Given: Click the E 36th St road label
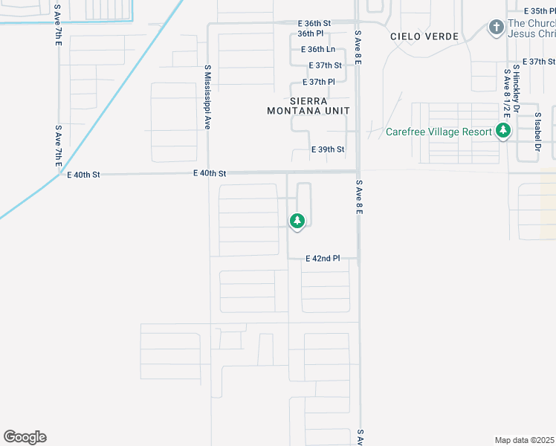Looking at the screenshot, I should click(314, 24).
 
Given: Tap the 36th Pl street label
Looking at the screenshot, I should click(310, 33).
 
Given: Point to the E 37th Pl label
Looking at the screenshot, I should click(320, 82).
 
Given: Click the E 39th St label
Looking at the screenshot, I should click(327, 149).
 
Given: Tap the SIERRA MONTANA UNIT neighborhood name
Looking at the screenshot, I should click(308, 106).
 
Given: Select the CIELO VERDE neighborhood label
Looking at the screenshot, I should click(416, 36).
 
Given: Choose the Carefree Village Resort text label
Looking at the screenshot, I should click(439, 132).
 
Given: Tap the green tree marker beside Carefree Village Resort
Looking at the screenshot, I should click(504, 132).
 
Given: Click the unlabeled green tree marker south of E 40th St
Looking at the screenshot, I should click(297, 221).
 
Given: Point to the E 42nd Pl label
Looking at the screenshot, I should click(323, 259).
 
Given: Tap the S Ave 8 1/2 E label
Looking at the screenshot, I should click(508, 94).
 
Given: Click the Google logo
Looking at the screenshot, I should click(25, 437).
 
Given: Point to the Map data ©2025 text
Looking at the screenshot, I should click(524, 440).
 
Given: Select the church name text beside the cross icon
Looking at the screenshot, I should click(531, 28).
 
